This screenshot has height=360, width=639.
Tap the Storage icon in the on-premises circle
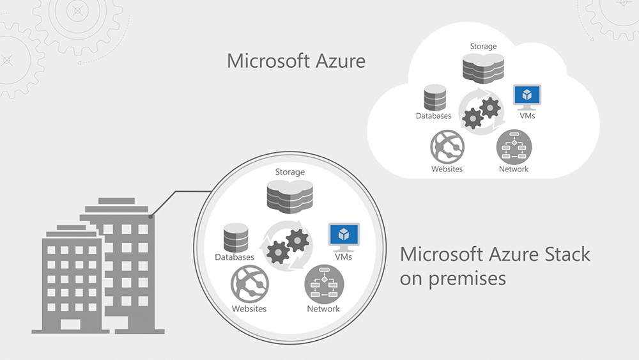coord(289,196)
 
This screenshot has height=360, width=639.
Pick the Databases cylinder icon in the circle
coord(235,238)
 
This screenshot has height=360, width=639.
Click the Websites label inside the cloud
coord(447,169)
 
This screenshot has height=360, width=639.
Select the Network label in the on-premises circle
coord(323,309)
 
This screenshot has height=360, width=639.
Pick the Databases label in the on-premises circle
coord(235,257)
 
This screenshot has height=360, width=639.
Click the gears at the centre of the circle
coord(289,246)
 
